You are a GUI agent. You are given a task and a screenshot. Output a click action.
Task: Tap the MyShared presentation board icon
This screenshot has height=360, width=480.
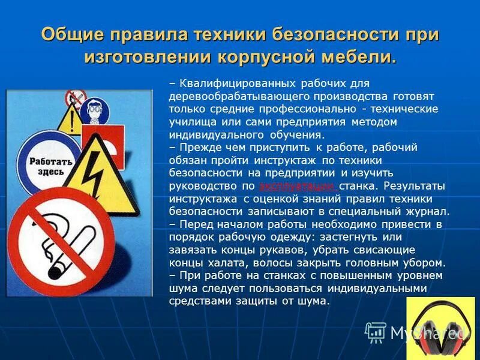click(376, 332)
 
